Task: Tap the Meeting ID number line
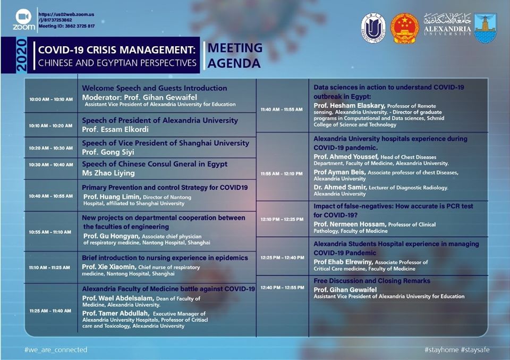tap(67, 26)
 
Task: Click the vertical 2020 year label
tap(21, 55)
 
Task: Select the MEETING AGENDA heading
tap(235, 55)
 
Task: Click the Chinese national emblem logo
tap(405, 28)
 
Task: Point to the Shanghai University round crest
tap(373, 28)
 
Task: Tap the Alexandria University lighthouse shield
tap(485, 28)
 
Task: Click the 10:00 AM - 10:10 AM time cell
tap(51, 99)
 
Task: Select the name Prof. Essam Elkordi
tap(115, 129)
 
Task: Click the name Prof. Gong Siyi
tap(108, 152)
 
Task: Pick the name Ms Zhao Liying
tap(108, 173)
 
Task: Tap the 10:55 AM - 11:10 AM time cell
tap(50, 232)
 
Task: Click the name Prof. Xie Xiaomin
tap(108, 267)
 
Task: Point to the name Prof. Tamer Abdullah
tap(116, 313)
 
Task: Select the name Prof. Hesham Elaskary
tap(350, 106)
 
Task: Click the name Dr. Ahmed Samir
tap(340, 188)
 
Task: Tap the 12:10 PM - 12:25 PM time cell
tap(282, 220)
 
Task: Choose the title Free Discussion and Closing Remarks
tap(372, 281)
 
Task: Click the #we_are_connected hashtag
tap(56, 349)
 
